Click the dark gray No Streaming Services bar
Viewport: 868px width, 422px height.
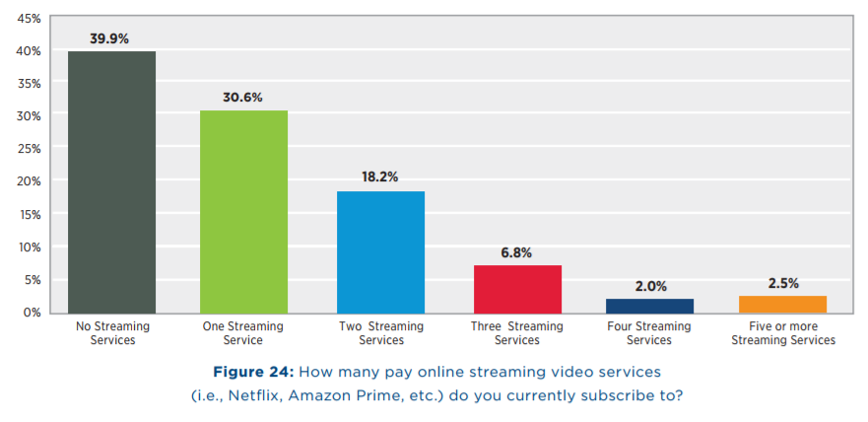pos(111,181)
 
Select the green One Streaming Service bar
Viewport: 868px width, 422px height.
pos(243,211)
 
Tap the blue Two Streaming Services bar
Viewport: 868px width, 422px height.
pos(380,251)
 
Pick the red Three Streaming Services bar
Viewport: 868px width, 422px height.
pos(517,289)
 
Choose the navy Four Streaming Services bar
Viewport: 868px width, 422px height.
pos(649,306)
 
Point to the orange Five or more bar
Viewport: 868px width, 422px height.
pos(782,304)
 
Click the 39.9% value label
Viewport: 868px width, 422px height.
pos(111,38)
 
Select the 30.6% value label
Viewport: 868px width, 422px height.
pos(243,98)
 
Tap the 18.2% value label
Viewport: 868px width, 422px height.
pos(380,177)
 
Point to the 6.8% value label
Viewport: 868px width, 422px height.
pos(517,252)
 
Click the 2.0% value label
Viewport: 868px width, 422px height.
pos(649,286)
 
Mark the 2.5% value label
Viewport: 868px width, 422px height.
pos(782,283)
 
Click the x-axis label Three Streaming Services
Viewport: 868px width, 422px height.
pos(517,333)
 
